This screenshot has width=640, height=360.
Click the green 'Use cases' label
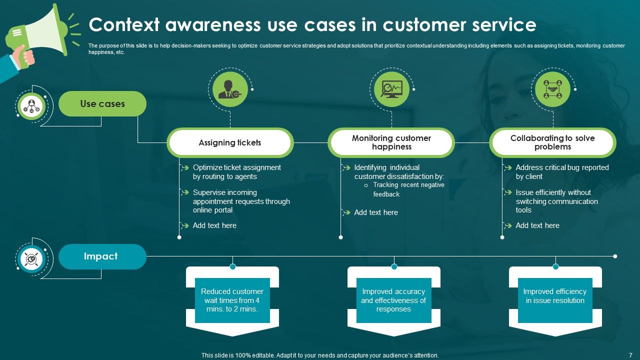102,104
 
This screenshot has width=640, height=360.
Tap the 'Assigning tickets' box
230,143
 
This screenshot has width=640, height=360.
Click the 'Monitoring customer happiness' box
391,142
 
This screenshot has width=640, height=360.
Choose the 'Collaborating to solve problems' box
552,142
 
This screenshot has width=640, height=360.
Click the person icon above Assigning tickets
230,89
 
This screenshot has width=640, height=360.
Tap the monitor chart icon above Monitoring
391,89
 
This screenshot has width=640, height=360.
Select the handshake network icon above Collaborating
552,89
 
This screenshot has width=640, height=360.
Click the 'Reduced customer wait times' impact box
232,300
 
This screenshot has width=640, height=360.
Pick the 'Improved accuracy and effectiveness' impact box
393,300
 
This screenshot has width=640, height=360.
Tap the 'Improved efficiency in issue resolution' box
555,296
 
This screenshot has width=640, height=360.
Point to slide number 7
630,354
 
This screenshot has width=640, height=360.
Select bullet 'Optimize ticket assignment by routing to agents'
236,172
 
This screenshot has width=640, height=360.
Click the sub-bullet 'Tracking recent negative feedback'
408,189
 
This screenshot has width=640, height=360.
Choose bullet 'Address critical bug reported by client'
561,172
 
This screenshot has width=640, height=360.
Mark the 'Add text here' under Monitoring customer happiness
375,212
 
